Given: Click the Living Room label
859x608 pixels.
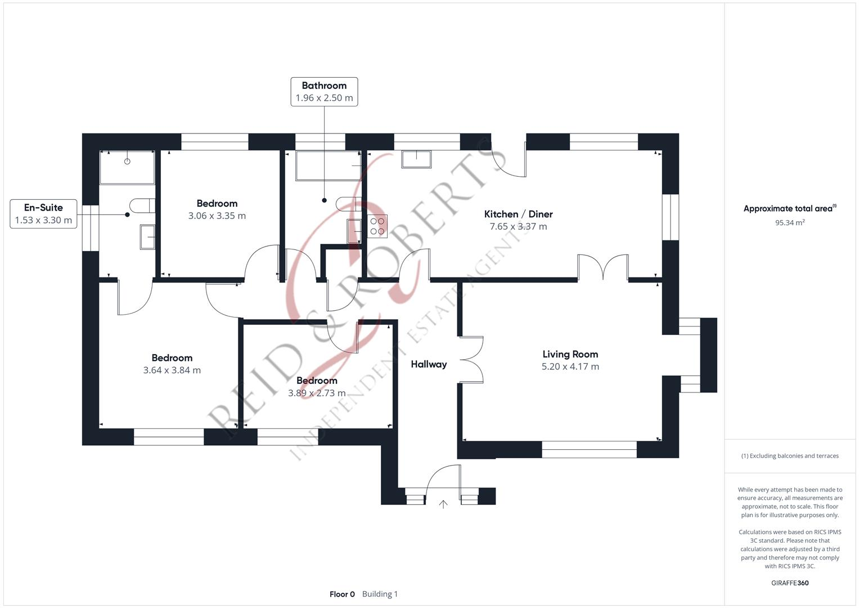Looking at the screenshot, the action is [x=570, y=354].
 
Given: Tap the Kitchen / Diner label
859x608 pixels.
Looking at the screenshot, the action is [x=518, y=214].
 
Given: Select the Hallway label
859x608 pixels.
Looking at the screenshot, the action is [x=429, y=364].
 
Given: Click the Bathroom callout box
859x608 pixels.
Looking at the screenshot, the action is [x=324, y=92].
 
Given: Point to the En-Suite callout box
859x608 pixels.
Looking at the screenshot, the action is [x=43, y=214].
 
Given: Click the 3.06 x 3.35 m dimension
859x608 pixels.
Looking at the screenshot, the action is [x=217, y=216].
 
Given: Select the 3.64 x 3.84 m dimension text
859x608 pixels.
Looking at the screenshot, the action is [x=172, y=370].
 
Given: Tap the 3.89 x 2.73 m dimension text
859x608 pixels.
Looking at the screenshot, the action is [x=317, y=393].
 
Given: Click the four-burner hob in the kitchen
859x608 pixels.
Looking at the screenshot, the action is [x=377, y=226].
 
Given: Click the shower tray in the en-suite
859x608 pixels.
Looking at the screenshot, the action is [x=127, y=167].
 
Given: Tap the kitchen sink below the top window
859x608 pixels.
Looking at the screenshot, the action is [x=416, y=159].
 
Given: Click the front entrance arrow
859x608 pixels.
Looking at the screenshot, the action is [x=443, y=504].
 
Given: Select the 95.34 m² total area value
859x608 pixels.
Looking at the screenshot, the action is [x=790, y=222].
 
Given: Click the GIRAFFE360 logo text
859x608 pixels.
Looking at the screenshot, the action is [x=790, y=583].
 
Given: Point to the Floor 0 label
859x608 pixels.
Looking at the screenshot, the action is [x=342, y=594].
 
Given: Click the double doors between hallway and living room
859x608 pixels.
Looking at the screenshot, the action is [x=471, y=360].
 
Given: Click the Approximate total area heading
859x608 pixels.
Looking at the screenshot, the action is [x=789, y=208].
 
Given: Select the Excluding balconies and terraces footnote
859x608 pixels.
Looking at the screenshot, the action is [x=790, y=456].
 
